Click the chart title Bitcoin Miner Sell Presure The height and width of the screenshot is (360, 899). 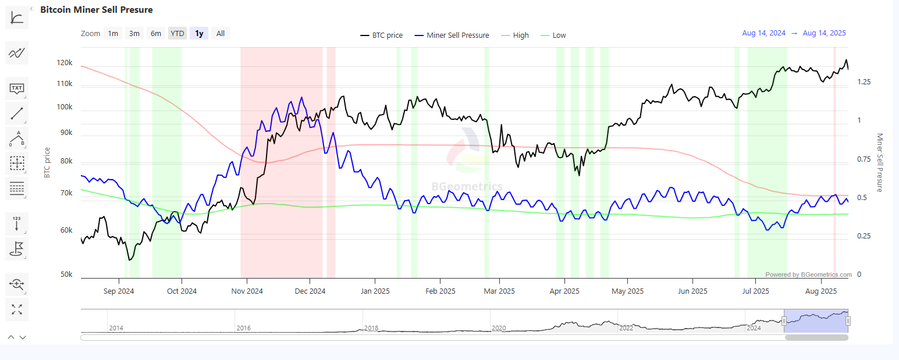(x=97, y=10)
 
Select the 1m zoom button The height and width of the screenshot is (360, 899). (x=113, y=34)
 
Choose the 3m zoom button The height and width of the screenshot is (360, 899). (x=134, y=34)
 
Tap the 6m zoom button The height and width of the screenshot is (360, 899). (x=156, y=34)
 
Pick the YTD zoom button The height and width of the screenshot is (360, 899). (x=177, y=34)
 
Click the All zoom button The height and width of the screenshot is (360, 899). (x=221, y=34)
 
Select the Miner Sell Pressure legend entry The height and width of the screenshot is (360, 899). (x=457, y=35)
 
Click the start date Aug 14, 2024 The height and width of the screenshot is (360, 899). (x=763, y=33)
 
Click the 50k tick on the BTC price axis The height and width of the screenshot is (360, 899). (x=66, y=274)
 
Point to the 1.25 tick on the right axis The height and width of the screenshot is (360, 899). (x=864, y=82)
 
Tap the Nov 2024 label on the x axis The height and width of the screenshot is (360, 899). (x=247, y=291)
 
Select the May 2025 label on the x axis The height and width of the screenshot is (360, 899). (x=627, y=291)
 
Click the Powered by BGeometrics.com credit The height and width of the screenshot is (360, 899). (x=808, y=275)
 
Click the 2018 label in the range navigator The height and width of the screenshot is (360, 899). (x=371, y=328)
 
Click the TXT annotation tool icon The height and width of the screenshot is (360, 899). (x=17, y=89)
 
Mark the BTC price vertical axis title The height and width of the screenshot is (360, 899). (x=47, y=162)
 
